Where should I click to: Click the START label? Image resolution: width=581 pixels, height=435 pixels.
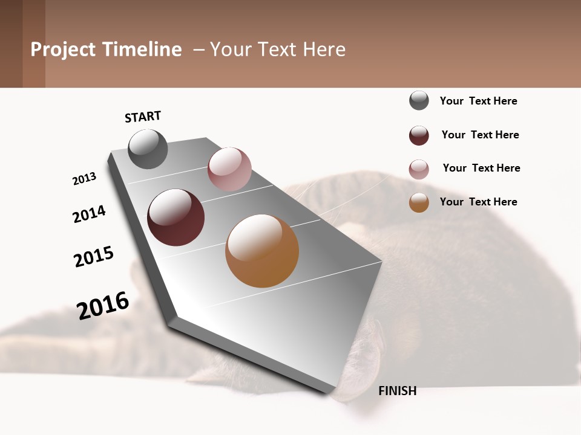point(143,117)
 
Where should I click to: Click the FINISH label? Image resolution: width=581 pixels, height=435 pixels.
point(397,391)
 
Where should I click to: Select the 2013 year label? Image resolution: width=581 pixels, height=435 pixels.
point(84,179)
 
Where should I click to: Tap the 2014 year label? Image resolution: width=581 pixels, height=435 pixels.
point(89,214)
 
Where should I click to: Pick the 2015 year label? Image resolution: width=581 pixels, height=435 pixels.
point(94,257)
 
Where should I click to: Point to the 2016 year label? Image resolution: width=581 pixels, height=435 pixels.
point(103,306)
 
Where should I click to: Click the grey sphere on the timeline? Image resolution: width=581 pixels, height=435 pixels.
point(148,149)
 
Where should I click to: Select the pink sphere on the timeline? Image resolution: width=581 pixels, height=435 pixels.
point(229,169)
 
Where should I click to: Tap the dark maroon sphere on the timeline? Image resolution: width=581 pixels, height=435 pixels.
point(176,217)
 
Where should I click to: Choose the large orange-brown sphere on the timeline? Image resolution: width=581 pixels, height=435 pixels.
point(262,251)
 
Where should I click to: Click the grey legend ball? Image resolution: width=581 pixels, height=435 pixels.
point(419,100)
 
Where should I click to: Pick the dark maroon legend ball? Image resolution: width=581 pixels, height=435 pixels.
point(419,135)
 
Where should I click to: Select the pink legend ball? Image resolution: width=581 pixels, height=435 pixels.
point(419,169)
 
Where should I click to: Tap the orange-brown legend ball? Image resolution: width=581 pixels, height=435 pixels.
point(419,202)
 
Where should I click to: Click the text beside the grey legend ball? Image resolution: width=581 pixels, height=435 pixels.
point(478,101)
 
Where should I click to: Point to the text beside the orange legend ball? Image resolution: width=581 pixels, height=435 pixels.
point(478,202)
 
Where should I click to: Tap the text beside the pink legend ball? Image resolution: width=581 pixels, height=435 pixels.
point(481,168)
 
